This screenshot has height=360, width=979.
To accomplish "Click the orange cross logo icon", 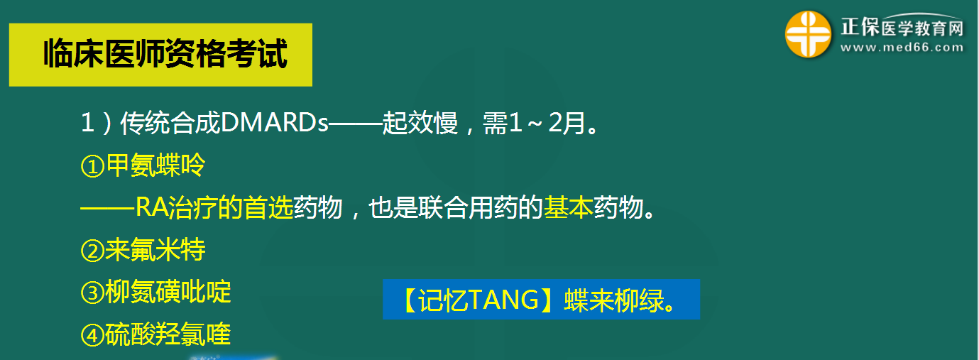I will (808, 35).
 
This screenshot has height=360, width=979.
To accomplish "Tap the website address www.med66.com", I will (902, 48).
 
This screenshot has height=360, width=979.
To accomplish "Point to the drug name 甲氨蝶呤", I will (155, 166).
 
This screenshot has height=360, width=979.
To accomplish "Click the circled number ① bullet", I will (92, 167).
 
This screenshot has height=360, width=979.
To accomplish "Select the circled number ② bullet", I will (92, 251).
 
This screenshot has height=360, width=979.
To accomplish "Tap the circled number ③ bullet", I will (92, 293).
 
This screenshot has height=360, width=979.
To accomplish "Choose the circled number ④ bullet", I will (92, 335).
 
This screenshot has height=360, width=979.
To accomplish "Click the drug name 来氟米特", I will (155, 251).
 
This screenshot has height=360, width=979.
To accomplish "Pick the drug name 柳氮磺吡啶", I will (168, 293).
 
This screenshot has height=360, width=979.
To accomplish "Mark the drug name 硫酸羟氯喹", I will (168, 335).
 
